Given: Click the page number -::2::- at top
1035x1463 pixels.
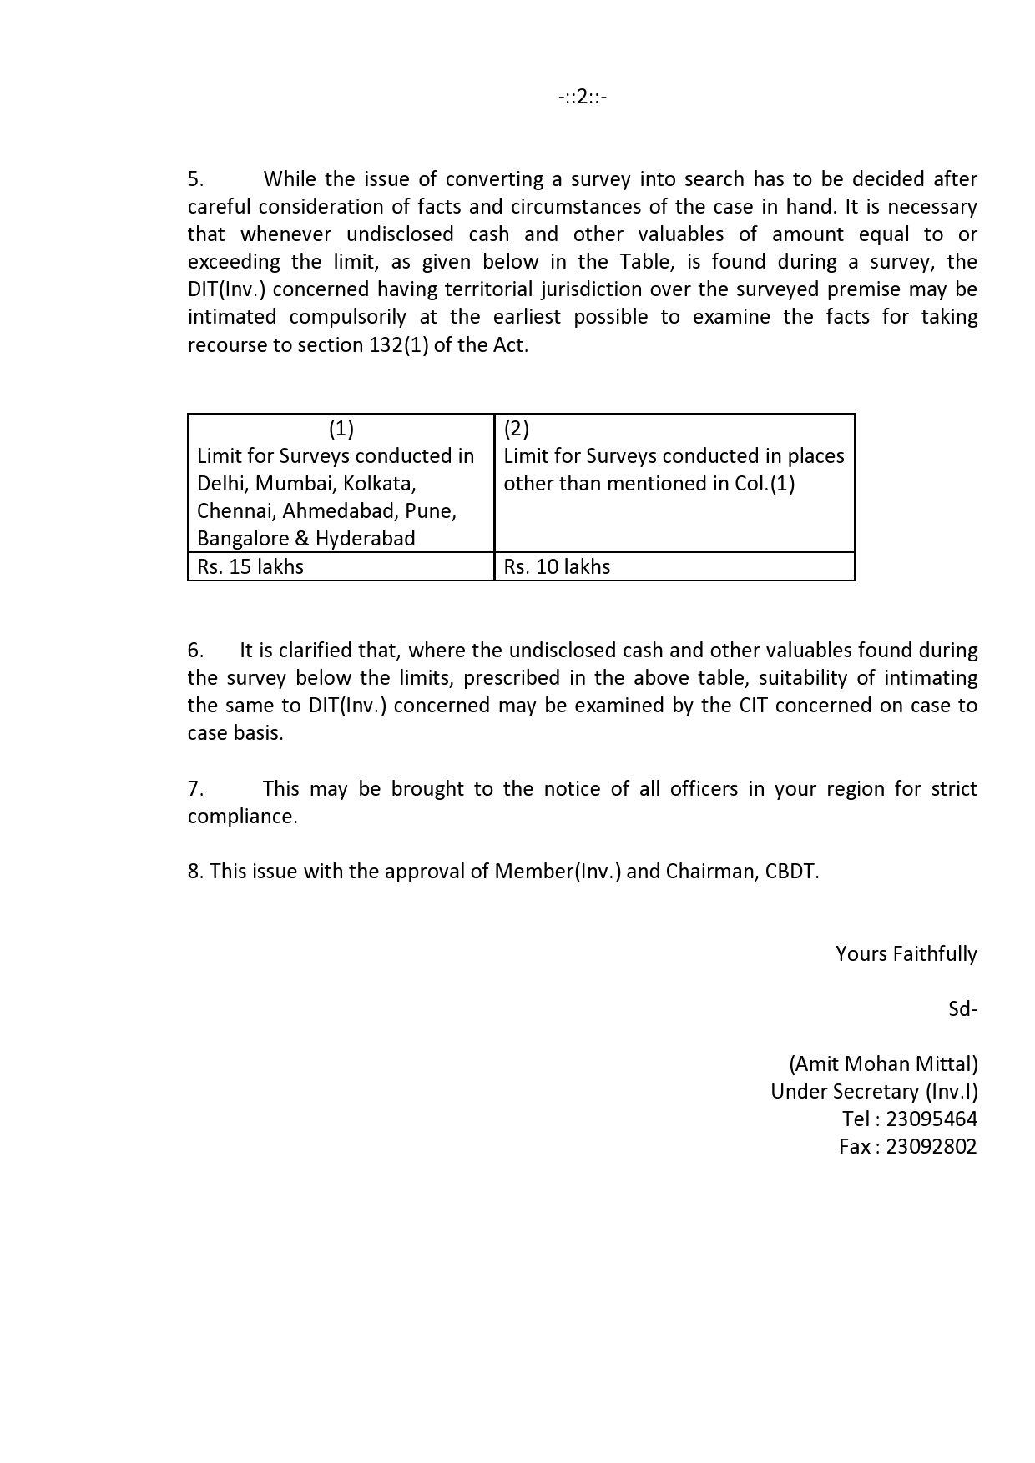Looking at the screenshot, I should point(583,98).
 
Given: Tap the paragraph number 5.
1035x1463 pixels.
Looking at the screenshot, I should point(195,179).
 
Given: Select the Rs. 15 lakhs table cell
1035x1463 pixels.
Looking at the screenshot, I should point(250,567).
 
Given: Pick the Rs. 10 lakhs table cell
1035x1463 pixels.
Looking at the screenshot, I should point(557,567).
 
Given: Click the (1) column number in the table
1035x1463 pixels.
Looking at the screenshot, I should point(341,429).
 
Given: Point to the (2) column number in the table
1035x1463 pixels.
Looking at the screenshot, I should point(517,429).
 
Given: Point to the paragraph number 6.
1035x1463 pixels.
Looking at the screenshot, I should point(195,651).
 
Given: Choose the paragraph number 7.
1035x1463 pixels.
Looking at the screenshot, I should point(195,789).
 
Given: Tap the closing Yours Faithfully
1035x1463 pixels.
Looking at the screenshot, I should point(906,954).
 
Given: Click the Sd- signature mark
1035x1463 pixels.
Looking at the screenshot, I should point(962,1009).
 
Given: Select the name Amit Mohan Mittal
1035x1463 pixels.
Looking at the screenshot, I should point(883,1064).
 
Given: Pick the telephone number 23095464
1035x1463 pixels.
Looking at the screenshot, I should point(931,1119).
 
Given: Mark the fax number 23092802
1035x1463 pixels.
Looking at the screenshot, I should point(931,1147).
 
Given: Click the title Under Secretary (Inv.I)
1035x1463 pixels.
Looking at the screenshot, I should point(874,1092).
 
